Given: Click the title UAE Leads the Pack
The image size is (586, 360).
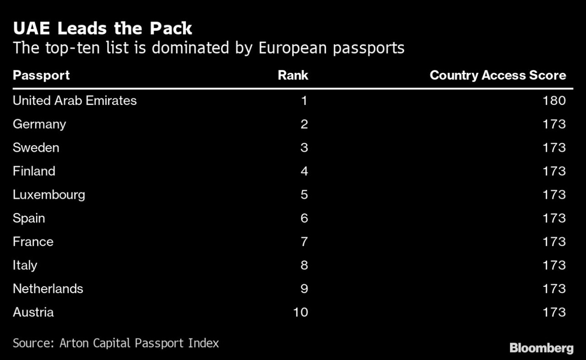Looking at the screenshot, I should [x=103, y=28].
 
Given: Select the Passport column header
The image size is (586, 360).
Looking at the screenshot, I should [x=41, y=75].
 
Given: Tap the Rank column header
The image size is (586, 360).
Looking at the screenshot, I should [x=293, y=75].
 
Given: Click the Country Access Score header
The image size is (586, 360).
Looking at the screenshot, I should [x=498, y=75].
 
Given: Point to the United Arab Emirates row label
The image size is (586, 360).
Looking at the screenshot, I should [x=75, y=101].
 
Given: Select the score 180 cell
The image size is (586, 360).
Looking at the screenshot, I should [x=554, y=101].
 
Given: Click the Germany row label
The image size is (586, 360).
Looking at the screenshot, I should [x=39, y=124].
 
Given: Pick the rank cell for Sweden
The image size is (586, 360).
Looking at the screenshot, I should [x=304, y=148].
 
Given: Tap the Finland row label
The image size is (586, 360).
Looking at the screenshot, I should [x=34, y=171].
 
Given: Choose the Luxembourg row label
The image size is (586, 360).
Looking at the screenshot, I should [x=49, y=194].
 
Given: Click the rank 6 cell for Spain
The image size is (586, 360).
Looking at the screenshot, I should [x=304, y=218].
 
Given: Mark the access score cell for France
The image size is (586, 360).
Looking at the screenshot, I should [x=554, y=241].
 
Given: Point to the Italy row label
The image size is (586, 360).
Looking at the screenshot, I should [x=25, y=265].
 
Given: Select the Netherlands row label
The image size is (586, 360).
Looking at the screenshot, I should [x=48, y=288].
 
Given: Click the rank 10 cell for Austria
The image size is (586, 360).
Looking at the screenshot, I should [x=301, y=312].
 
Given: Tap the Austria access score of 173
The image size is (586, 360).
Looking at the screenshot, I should [x=554, y=312].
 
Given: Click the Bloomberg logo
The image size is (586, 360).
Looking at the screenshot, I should [x=541, y=348].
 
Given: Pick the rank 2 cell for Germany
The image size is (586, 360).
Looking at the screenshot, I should [x=304, y=124].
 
